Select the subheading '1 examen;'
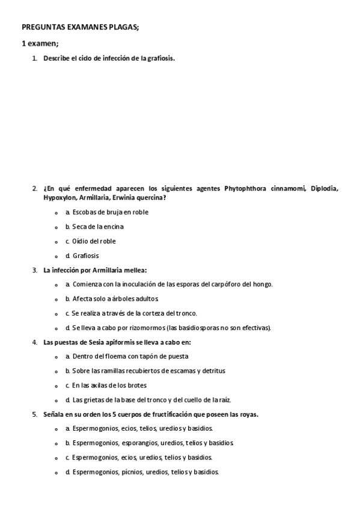click(x=40, y=44)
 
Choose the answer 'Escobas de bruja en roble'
click(x=110, y=212)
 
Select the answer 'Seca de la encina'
click(x=99, y=227)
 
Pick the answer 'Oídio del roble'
click(x=94, y=241)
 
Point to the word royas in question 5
click(x=249, y=414)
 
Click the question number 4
click(x=34, y=342)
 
